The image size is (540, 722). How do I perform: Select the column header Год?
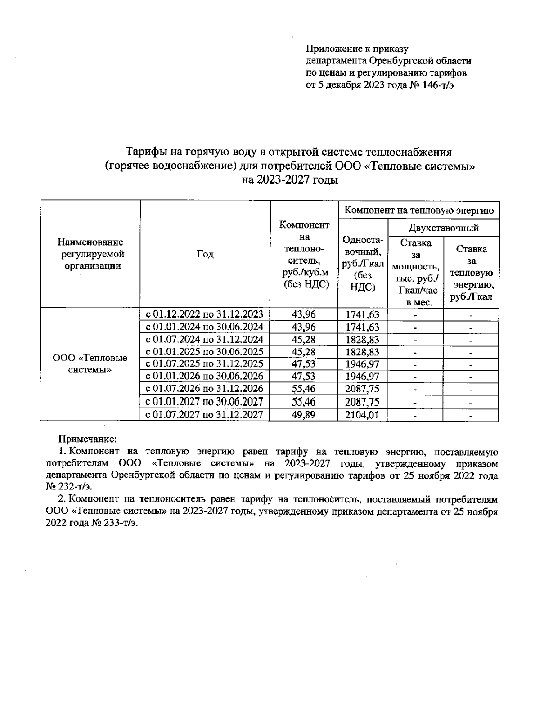tap(205, 254)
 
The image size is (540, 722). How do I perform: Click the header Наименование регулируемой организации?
tap(90, 254)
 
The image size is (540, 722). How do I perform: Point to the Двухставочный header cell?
tap(443, 228)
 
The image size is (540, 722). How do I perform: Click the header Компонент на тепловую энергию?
tap(419, 210)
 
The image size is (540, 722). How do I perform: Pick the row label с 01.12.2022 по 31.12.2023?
tap(204, 314)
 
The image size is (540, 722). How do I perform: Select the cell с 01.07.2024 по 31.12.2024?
tap(204, 339)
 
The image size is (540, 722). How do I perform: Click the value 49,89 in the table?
tap(304, 415)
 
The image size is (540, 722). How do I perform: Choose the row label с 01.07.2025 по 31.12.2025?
tap(204, 364)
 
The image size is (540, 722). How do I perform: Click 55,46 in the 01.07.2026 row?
tap(304, 389)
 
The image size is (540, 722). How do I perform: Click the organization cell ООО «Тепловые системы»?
tap(90, 364)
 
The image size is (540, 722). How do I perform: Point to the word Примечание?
tap(88, 438)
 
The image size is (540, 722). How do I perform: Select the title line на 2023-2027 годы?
tap(290, 180)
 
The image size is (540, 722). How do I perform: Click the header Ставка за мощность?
tap(415, 272)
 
